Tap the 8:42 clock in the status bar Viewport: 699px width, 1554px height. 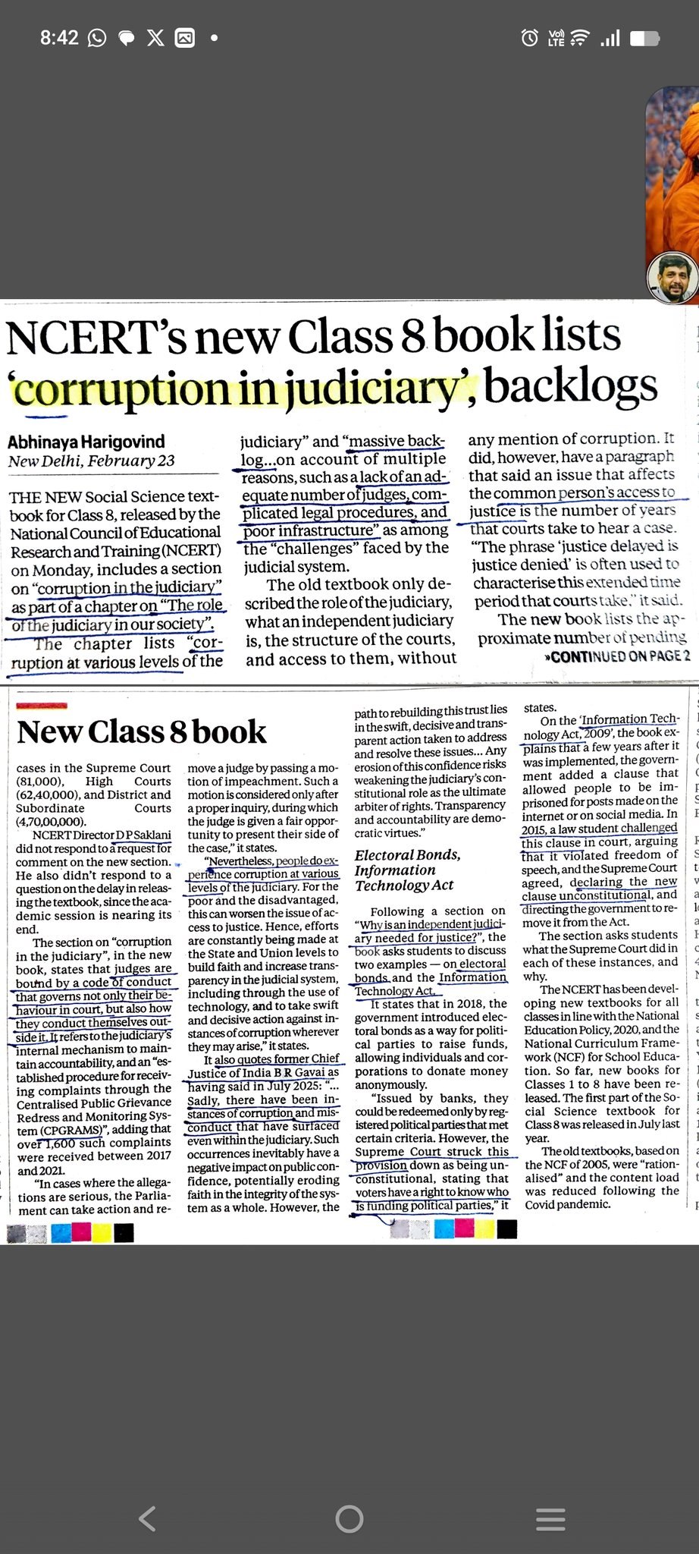59,37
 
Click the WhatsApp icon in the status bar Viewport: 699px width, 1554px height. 97,38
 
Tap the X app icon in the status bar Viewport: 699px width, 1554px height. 155,38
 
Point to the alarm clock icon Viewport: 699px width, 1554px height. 530,37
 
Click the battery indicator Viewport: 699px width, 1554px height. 644,38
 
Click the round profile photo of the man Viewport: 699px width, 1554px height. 672,278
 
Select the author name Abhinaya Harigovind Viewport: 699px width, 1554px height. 86,442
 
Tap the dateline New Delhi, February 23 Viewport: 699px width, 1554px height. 91,461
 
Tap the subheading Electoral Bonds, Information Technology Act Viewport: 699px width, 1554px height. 408,870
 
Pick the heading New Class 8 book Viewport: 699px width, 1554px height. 142,732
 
